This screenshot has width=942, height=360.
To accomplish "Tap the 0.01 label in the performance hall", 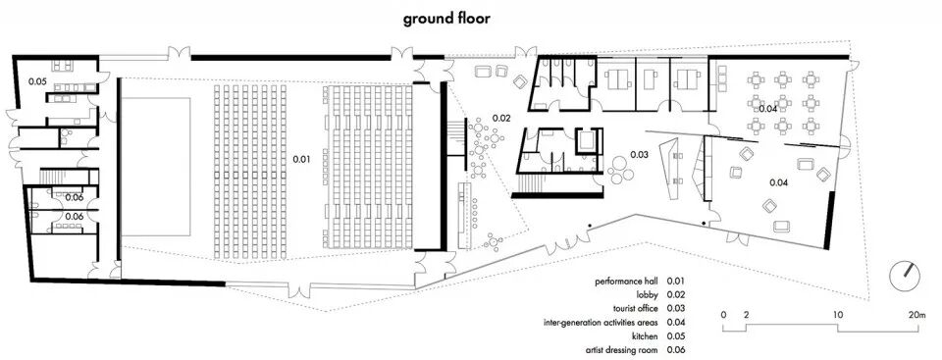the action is click(301, 159).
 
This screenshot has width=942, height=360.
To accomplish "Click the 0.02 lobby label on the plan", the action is click(501, 118).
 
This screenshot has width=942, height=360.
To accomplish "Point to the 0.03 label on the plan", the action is click(639, 154).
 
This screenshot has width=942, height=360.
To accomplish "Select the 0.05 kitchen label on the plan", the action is click(38, 81).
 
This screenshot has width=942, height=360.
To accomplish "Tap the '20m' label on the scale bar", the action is click(917, 314).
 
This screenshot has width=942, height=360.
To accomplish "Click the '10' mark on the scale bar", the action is click(837, 314).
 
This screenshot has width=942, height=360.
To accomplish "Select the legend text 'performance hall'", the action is click(627, 281).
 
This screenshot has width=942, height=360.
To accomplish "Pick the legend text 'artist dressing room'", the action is click(621, 350).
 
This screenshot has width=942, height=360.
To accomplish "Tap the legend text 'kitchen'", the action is click(646, 335).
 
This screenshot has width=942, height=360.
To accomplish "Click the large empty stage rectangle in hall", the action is click(156, 167).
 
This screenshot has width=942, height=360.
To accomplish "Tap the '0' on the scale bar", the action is click(724, 314).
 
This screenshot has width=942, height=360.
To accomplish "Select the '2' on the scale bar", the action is click(746, 314).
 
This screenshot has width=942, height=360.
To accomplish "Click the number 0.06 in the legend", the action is click(676, 350).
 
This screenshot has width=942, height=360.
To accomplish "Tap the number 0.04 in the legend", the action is click(676, 322).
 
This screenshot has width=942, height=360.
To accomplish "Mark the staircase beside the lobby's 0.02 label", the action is click(457, 137).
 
